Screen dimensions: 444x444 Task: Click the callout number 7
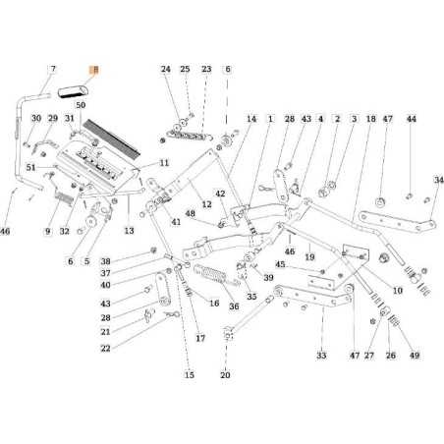[x=53, y=70]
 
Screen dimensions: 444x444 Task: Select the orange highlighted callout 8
[x=94, y=70]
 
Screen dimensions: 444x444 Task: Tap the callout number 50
[x=81, y=103]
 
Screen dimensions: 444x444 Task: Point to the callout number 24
[x=165, y=70]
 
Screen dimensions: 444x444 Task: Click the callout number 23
[x=206, y=70]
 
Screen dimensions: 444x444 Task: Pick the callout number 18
[x=371, y=119]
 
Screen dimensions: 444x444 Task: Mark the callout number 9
[x=46, y=232]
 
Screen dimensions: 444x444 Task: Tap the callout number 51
[x=31, y=169]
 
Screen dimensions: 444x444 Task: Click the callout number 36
[x=234, y=305]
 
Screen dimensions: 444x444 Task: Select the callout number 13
[x=129, y=231]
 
